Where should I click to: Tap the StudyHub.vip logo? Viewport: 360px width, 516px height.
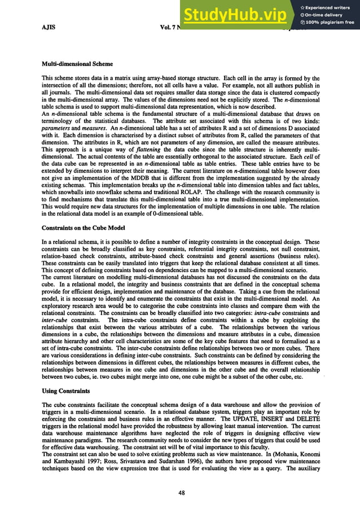[239, 16]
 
